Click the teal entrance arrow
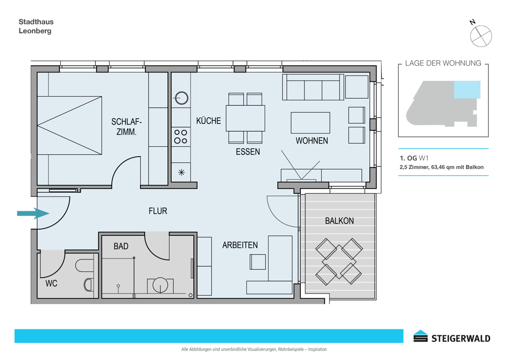(x=33, y=213)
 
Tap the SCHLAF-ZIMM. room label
(x=126, y=127)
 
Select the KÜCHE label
(x=208, y=121)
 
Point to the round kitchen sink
(x=182, y=98)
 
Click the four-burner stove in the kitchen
(x=181, y=136)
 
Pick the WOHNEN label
(x=312, y=141)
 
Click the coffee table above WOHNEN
(x=310, y=123)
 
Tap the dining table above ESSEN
(x=246, y=118)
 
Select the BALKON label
(x=339, y=221)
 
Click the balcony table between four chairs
(x=339, y=262)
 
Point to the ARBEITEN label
(x=240, y=245)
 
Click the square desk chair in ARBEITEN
(x=258, y=262)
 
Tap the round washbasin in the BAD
(x=161, y=285)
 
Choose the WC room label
(x=51, y=283)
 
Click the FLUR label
(x=158, y=211)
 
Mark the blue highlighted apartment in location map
(x=467, y=90)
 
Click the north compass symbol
(x=481, y=36)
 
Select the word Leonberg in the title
(x=35, y=31)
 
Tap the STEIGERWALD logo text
(x=460, y=338)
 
